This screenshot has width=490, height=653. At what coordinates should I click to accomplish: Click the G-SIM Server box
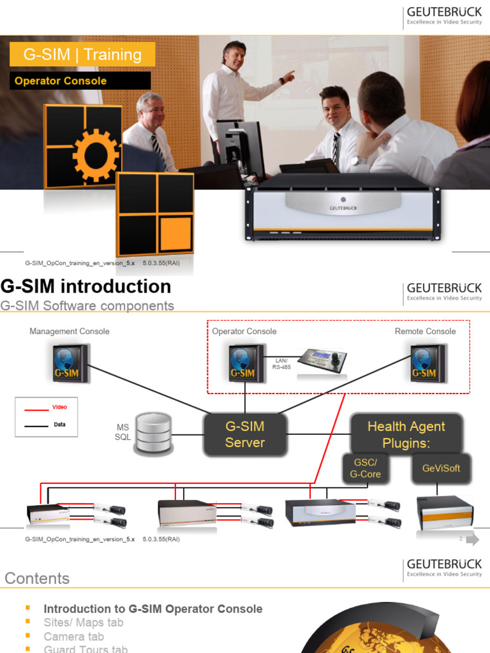point(244,434)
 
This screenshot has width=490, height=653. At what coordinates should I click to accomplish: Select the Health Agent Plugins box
point(406,434)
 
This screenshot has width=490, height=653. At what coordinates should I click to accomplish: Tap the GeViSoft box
point(441,468)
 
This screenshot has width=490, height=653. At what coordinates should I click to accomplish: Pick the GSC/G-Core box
point(365,468)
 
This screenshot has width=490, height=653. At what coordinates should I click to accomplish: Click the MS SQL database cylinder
point(153,434)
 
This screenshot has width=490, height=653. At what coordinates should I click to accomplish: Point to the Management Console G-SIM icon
point(70,363)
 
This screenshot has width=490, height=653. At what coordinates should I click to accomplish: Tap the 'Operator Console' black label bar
point(80,81)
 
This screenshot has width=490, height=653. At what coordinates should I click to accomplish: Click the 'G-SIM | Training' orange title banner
point(82,54)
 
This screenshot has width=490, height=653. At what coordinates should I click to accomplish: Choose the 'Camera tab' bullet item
point(73,636)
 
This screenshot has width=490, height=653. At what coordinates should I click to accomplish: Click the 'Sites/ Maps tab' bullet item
point(83,622)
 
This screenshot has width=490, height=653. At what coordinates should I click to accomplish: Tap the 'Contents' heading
point(37,578)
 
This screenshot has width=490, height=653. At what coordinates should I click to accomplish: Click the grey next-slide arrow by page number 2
point(472,540)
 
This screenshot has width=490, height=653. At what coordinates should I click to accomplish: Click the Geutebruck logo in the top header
point(444,17)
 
